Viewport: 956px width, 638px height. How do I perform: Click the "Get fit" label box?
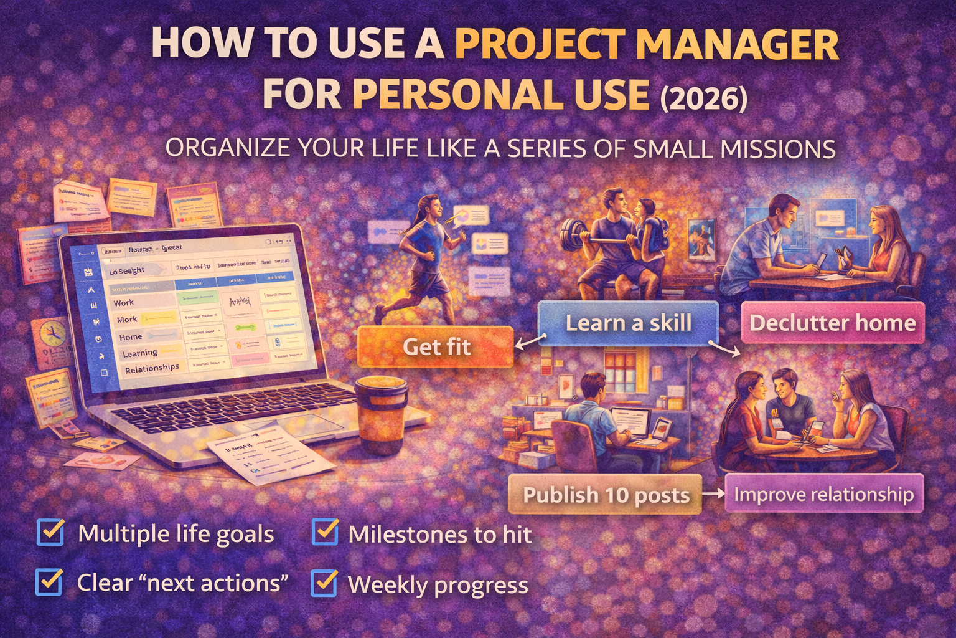coord(436,346)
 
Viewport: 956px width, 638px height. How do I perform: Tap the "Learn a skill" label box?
coord(628,323)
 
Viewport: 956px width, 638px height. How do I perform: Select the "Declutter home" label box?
coord(832,323)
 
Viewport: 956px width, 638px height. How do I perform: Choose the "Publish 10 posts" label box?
coord(606,495)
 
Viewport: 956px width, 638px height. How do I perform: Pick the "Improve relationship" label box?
coord(823,494)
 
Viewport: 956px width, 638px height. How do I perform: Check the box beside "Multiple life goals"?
coord(50,533)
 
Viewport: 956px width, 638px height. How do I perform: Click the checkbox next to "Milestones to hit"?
coord(325,533)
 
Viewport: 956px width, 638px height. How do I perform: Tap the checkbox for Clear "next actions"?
coord(49,582)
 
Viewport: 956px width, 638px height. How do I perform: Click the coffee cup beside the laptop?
coord(380,414)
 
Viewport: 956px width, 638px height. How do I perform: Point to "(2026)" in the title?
coord(704,98)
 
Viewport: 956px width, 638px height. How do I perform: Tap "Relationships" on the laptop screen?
coord(152,368)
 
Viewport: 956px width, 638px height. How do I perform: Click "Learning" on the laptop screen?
coord(139,353)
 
